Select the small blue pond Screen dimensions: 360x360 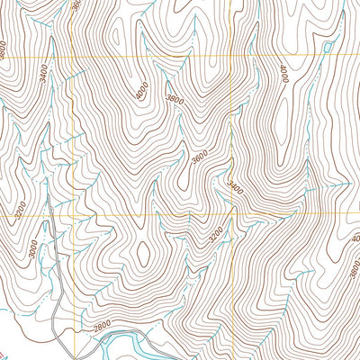coord(326,45)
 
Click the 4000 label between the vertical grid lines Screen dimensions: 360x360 coord(141,90)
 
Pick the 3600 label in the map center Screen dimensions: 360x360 coord(200,157)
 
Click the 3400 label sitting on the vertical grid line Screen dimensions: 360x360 coord(235,190)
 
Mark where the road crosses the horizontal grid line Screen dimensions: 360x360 coord(49,216)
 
